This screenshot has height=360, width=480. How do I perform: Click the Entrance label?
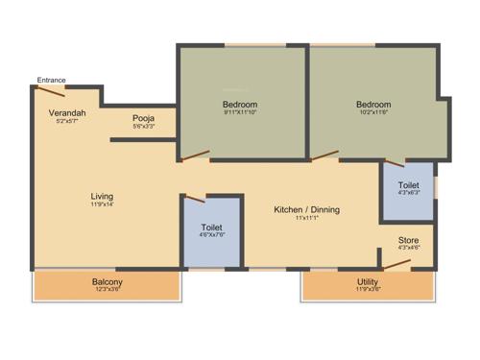tap(52, 80)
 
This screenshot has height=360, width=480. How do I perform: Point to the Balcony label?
tap(107, 281)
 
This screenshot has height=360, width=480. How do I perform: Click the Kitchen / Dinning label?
tap(306, 209)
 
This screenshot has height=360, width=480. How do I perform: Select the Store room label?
tap(408, 240)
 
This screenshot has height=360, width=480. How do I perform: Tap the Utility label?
tap(368, 281)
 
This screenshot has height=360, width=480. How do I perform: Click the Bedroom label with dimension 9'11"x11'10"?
tap(239, 104)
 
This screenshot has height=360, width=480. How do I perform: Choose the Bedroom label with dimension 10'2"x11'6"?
tap(373, 105)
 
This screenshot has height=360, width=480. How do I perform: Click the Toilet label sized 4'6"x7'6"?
tap(212, 228)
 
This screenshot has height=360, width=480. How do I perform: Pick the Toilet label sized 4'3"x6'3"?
tap(408, 184)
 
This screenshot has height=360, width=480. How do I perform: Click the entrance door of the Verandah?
tap(51, 91)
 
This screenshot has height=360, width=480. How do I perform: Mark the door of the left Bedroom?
tap(197, 155)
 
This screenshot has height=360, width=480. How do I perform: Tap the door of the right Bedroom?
tap(325, 155)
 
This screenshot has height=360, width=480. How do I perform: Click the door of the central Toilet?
tap(195, 198)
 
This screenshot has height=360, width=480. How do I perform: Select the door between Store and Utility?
tap(397, 263)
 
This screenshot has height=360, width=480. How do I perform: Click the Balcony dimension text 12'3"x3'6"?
tap(107, 289)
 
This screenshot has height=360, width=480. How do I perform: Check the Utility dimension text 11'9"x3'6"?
tap(368, 289)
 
